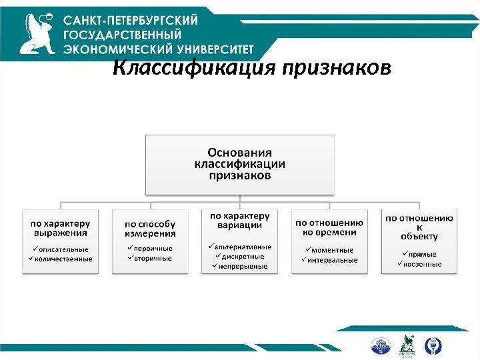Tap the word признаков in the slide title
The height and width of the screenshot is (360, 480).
coord(337,69)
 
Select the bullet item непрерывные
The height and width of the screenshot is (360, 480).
coord(244,266)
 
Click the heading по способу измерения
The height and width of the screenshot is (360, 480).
coord(151,229)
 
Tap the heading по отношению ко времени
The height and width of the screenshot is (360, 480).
coord(329,227)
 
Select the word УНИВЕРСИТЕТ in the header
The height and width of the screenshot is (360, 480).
coord(209,49)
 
